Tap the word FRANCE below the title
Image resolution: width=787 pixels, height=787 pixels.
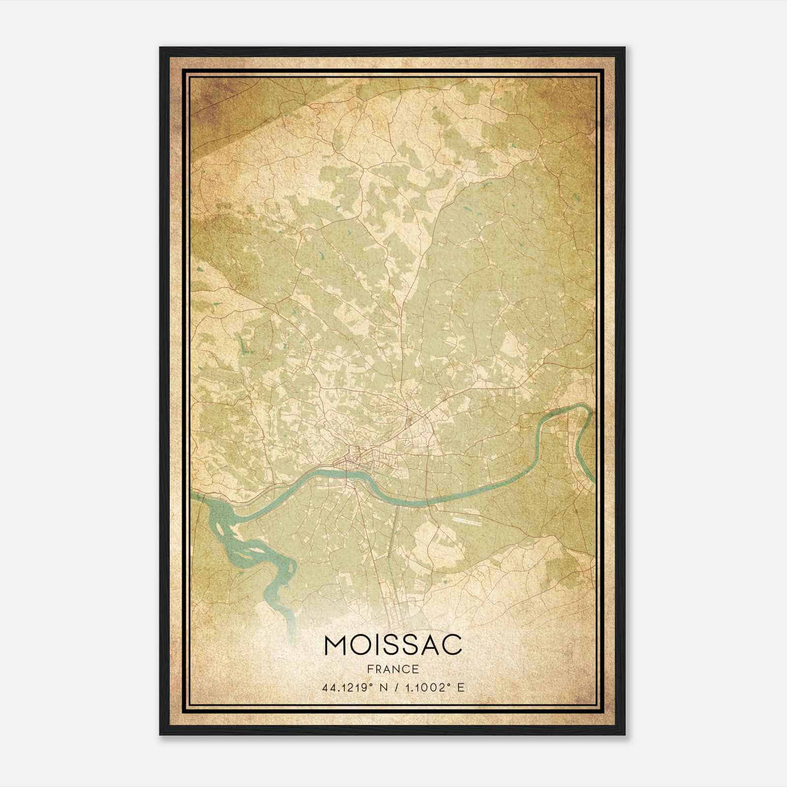tap(393, 669)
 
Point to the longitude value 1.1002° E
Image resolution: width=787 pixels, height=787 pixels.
tap(432, 688)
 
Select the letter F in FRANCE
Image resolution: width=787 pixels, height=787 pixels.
tap(370, 669)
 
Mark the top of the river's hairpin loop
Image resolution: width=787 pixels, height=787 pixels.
tap(580, 406)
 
